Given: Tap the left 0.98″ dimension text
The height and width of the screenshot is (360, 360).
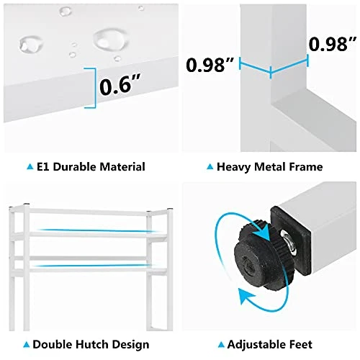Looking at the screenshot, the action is pyautogui.click(x=210, y=65).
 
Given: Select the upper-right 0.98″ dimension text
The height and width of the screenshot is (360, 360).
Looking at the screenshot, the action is pyautogui.click(x=333, y=45).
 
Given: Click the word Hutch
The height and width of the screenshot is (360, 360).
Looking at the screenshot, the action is pyautogui.click(x=91, y=344).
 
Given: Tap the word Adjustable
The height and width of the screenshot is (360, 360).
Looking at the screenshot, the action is pyautogui.click(x=256, y=345).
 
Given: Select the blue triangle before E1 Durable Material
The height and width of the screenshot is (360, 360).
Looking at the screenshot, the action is pyautogui.click(x=30, y=166).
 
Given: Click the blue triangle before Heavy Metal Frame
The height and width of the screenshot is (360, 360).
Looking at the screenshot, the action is pyautogui.click(x=210, y=166).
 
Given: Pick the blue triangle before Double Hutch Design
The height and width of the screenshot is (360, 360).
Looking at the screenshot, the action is pyautogui.click(x=27, y=345).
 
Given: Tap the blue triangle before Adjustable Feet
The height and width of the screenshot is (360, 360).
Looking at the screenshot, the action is pyautogui.click(x=221, y=345).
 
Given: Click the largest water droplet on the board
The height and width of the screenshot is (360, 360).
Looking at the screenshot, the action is pyautogui.click(x=110, y=39).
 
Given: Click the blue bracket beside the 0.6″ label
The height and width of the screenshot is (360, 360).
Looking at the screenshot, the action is pyautogui.click(x=93, y=88).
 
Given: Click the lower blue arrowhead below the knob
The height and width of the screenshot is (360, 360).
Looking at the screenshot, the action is pyautogui.click(x=247, y=297).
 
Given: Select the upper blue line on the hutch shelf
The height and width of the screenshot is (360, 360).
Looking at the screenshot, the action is pyautogui.click(x=96, y=230).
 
